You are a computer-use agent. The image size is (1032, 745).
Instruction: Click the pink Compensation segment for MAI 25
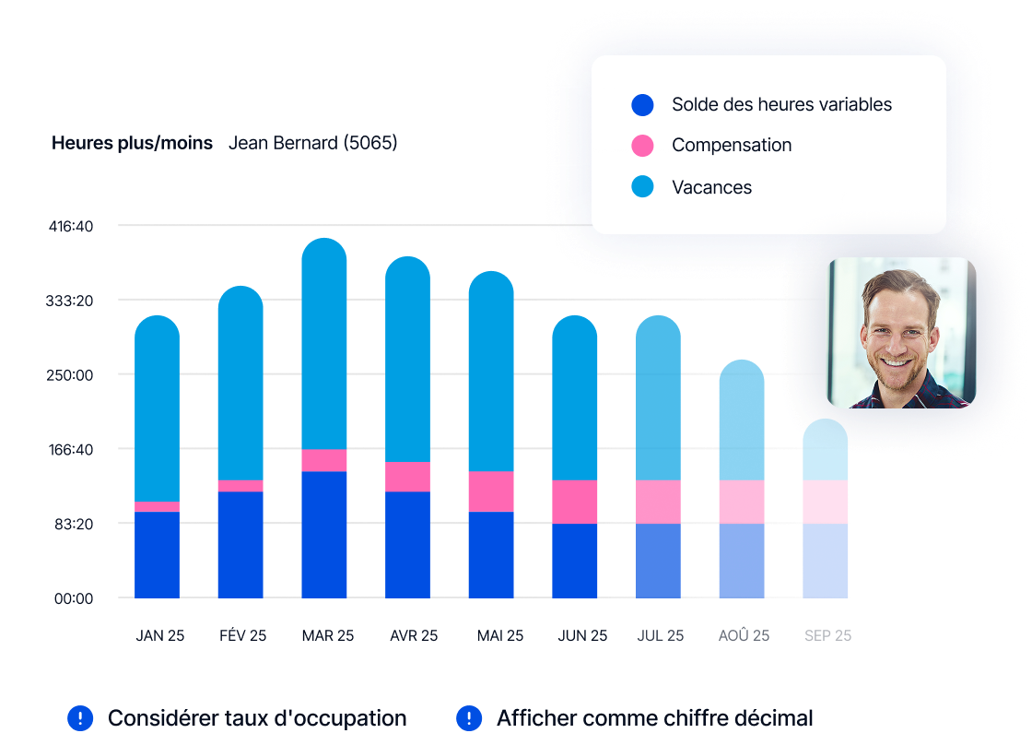tap(491, 491)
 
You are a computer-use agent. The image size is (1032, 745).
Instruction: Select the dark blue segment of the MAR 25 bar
tap(324, 535)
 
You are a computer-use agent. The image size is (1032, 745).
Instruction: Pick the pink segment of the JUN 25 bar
tap(575, 502)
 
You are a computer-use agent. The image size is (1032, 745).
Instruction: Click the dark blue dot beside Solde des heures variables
tap(642, 105)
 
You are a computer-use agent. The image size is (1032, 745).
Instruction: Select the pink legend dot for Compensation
tap(642, 146)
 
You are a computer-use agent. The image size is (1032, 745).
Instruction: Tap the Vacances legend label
tap(711, 187)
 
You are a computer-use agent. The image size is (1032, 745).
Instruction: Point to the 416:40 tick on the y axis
tap(71, 226)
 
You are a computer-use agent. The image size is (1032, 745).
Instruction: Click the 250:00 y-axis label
tap(71, 375)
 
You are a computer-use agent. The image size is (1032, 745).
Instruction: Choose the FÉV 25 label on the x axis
tap(242, 636)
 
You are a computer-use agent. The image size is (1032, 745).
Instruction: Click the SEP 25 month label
tap(827, 636)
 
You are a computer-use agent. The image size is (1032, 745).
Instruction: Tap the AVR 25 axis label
tap(414, 636)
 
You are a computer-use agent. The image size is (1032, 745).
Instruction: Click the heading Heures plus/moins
tap(132, 143)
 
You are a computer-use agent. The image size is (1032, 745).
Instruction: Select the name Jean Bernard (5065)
tap(312, 143)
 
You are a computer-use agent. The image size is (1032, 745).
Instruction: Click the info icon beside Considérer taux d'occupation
tap(81, 718)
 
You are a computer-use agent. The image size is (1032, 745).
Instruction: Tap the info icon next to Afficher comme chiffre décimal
tap(470, 718)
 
